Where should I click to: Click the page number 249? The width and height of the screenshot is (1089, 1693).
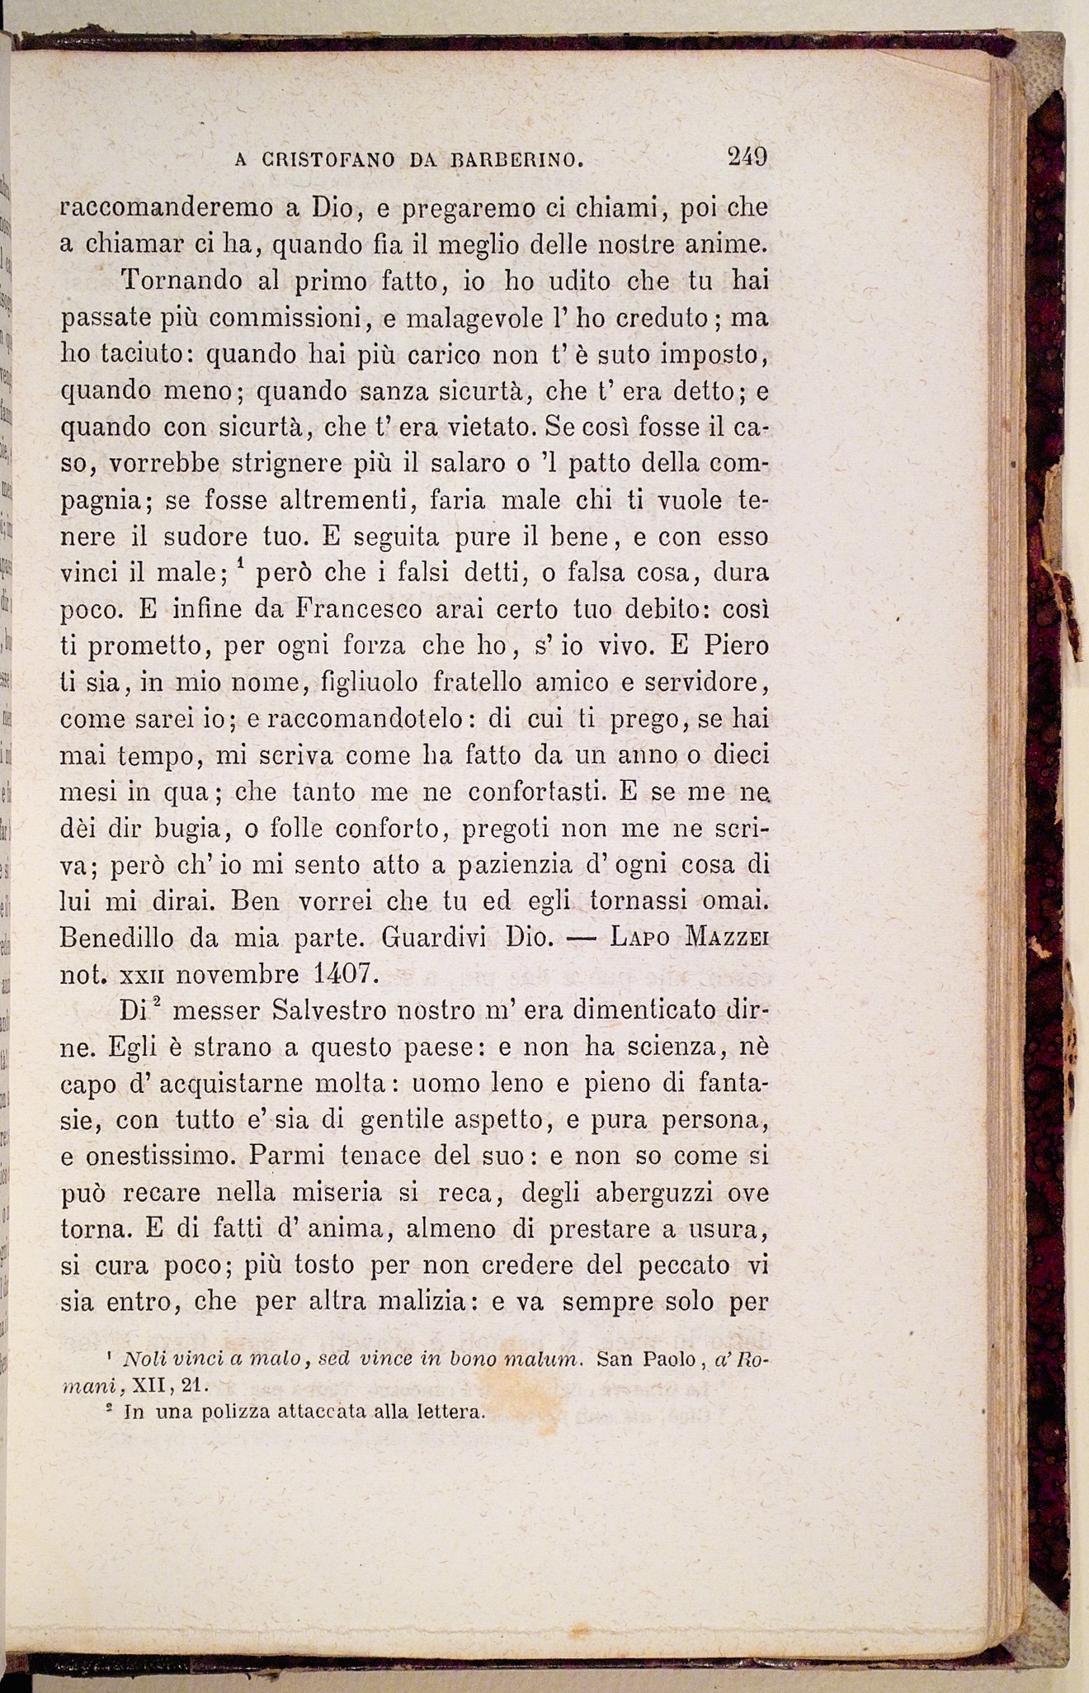coord(747,156)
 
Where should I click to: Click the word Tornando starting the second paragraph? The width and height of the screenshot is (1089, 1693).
coord(182,281)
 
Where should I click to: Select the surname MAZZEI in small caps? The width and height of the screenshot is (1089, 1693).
coord(727,938)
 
